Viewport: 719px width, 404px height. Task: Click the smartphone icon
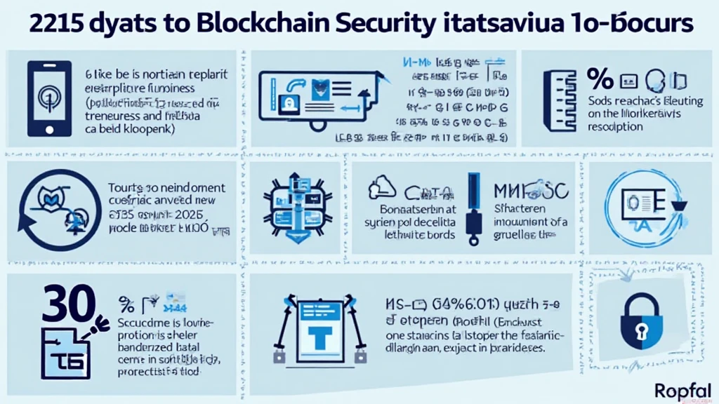48,98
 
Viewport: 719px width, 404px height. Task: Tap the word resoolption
615,127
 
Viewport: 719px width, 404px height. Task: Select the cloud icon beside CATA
382,187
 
